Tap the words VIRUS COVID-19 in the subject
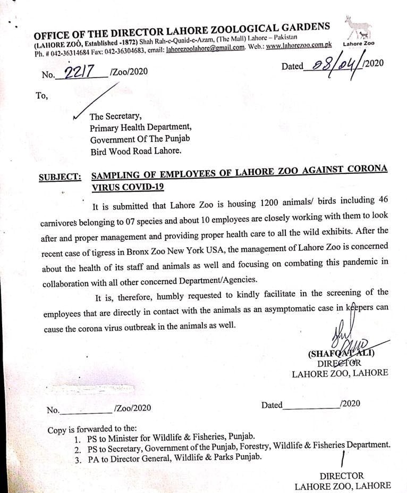point(128,187)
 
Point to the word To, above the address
point(42,96)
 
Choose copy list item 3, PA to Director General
point(173,457)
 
